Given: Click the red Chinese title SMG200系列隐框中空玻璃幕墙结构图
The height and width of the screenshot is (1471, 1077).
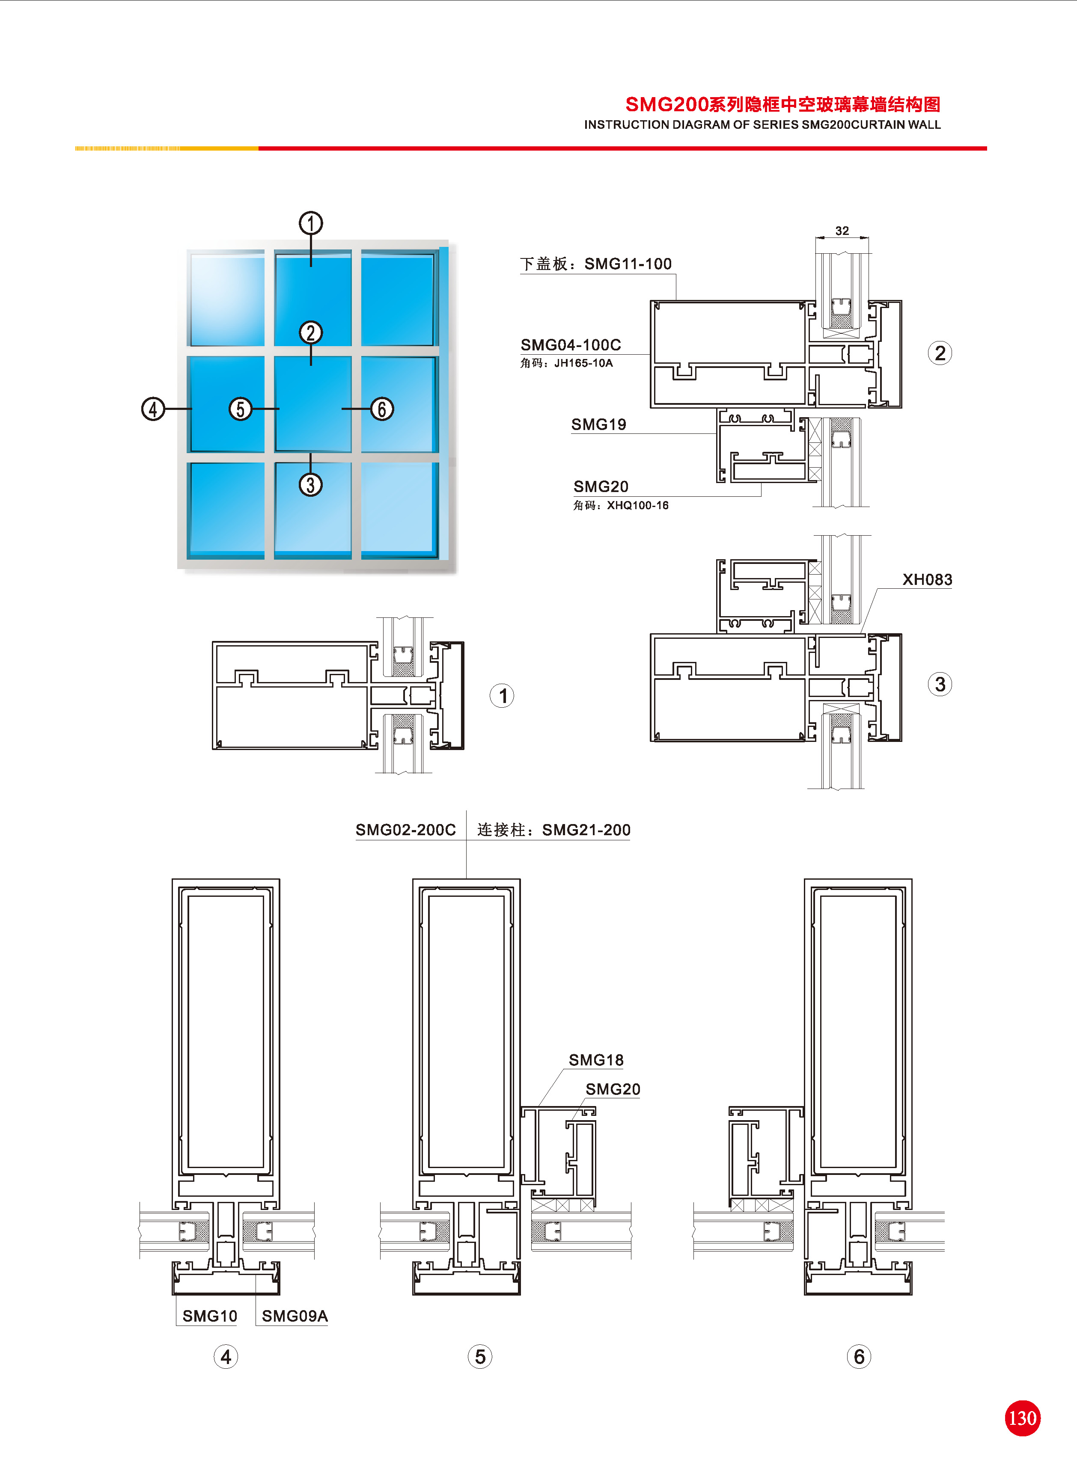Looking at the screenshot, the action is pyautogui.click(x=782, y=104).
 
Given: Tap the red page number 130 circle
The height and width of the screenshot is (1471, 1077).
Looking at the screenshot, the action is pyautogui.click(x=1022, y=1418).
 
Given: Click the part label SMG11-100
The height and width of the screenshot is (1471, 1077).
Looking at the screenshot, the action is pyautogui.click(x=628, y=264).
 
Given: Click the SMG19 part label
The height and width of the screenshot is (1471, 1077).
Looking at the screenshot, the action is pyautogui.click(x=598, y=425).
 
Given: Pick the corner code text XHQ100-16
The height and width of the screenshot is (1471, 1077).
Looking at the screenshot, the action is pyautogui.click(x=637, y=506).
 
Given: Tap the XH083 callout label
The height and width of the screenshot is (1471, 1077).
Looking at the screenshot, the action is pyautogui.click(x=927, y=580).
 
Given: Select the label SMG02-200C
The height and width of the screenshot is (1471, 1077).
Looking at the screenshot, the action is pyautogui.click(x=405, y=830).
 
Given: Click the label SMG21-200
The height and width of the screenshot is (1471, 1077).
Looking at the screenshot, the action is pyautogui.click(x=586, y=830).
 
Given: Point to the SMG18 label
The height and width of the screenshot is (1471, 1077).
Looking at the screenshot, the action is pyautogui.click(x=596, y=1060).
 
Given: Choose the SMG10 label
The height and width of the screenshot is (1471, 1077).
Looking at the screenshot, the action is pyautogui.click(x=210, y=1316).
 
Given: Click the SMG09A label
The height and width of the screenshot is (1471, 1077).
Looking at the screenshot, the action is pyautogui.click(x=295, y=1316).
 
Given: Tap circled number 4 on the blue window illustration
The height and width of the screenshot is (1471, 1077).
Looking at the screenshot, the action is pyautogui.click(x=153, y=409).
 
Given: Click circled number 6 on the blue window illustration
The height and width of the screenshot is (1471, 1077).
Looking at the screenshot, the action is pyautogui.click(x=382, y=409).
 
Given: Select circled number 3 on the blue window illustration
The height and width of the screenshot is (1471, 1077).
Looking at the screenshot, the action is pyautogui.click(x=310, y=485).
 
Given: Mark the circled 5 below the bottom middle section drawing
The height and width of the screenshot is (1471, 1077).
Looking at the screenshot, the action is pyautogui.click(x=480, y=1357).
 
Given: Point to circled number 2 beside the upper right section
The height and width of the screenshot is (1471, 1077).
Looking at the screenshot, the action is pyautogui.click(x=940, y=353).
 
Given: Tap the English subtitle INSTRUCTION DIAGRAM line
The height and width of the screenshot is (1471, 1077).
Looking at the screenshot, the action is pyautogui.click(x=762, y=125).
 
